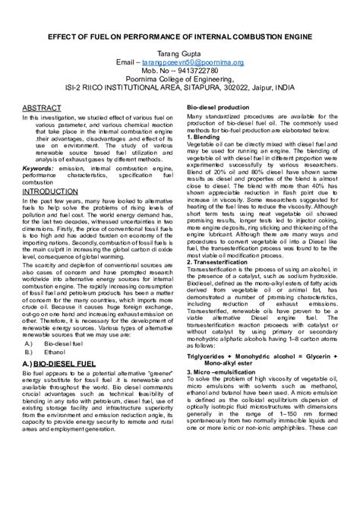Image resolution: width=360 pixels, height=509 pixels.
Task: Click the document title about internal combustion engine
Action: click(180, 36)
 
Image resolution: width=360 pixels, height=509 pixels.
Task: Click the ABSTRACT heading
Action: click(41, 108)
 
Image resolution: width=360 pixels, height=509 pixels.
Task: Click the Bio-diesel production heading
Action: click(218, 109)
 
